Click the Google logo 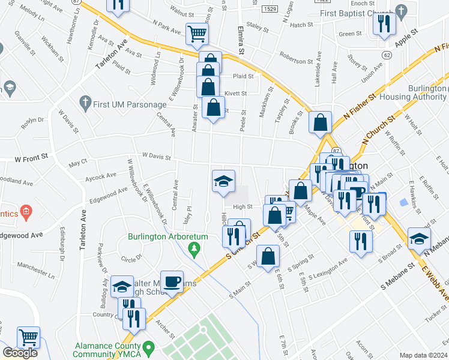(x=20, y=353)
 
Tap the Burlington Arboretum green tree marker (x=193, y=247)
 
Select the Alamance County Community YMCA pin (x=149, y=347)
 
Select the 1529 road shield (x=270, y=10)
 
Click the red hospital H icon (x=25, y=211)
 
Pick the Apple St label (x=406, y=37)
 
